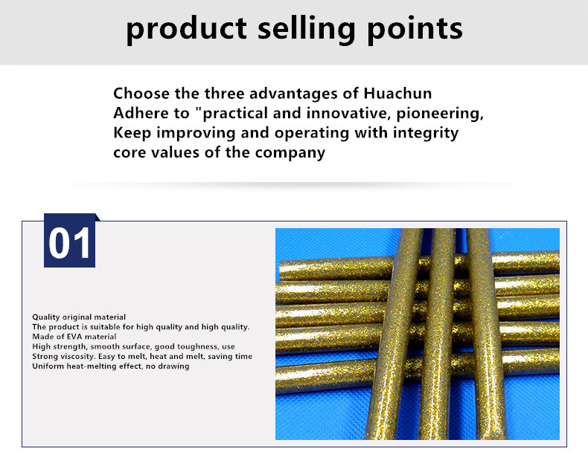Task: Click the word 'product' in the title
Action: tap(186, 30)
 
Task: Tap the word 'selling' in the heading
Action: tap(307, 30)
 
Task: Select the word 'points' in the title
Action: tap(415, 30)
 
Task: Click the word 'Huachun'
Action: tap(397, 93)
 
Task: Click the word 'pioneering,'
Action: tap(440, 114)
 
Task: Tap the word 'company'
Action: tap(290, 153)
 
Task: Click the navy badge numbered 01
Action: tap(70, 241)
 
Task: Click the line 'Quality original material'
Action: tap(79, 317)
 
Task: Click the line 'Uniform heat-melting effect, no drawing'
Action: tap(111, 366)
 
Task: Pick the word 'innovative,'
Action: tap(348, 114)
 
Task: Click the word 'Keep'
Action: tap(132, 134)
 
